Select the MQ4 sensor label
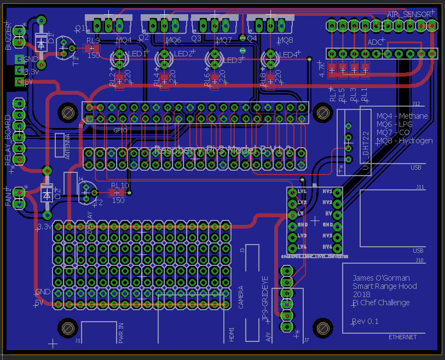(123, 40)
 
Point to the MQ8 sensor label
(285, 40)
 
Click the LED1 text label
(137, 54)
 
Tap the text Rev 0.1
(365, 321)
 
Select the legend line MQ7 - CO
(394, 132)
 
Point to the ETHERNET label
(402, 337)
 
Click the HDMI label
(232, 334)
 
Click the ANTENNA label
(68, 147)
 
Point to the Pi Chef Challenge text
(380, 303)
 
